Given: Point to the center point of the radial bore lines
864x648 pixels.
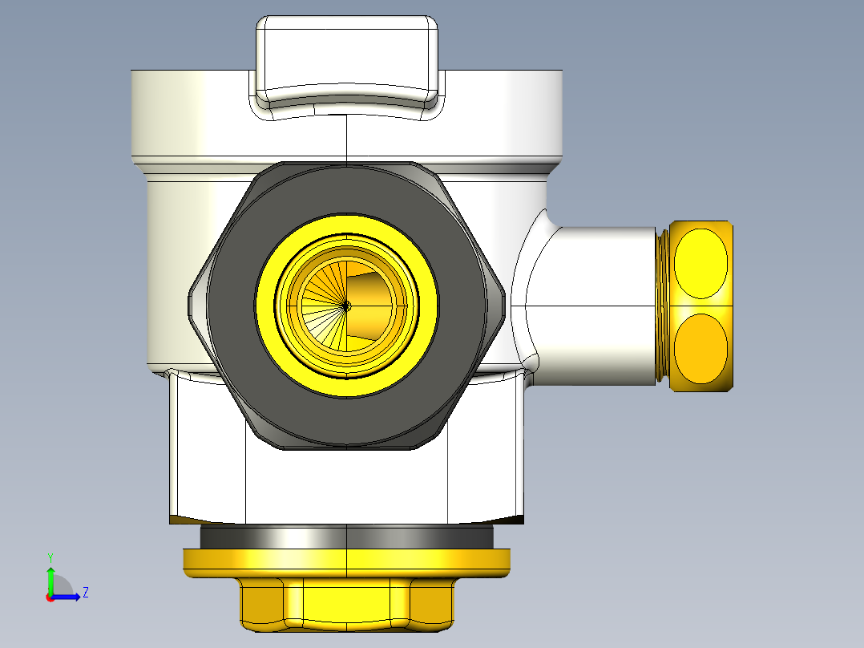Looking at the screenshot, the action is (346, 306).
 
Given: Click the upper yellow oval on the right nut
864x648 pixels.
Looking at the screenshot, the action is (700, 264).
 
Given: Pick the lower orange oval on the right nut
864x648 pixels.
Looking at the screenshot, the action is (700, 349).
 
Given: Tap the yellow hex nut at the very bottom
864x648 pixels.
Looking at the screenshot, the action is (346, 604).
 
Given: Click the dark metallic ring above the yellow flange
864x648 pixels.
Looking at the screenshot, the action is (346, 537).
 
